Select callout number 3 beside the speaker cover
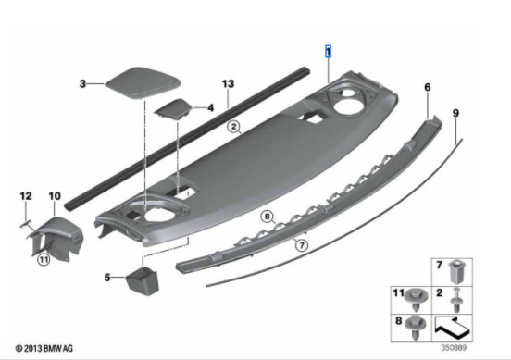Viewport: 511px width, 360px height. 81,83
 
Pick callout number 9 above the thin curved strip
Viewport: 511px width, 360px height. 455,112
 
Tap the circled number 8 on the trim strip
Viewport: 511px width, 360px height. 268,217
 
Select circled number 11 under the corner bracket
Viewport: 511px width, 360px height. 42,260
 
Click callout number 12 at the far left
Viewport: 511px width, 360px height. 26,196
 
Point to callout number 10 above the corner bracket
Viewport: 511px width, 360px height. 54,196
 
